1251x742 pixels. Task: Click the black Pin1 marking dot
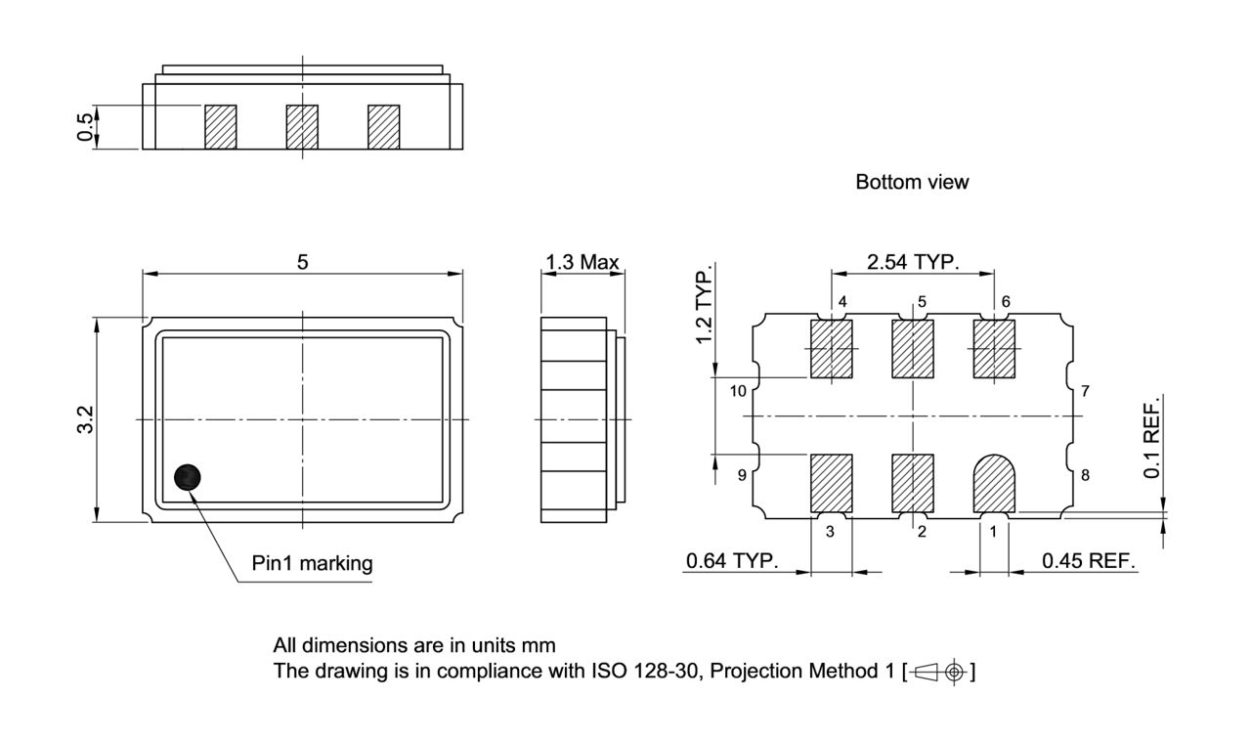(188, 477)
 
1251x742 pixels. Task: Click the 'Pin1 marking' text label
(312, 563)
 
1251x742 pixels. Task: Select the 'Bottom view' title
(912, 182)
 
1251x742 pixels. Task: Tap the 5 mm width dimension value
(303, 261)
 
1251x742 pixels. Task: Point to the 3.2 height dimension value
(85, 420)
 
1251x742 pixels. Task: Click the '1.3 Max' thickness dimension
(582, 261)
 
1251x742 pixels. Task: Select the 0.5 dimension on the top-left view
(86, 127)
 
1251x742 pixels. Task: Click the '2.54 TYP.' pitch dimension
(913, 261)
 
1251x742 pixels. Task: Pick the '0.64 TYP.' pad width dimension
(731, 561)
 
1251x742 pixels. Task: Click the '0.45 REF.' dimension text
(1088, 561)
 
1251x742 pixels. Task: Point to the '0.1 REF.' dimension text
(1152, 439)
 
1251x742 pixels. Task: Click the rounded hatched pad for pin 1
(996, 482)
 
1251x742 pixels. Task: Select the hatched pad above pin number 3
(833, 483)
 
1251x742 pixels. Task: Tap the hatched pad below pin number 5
(913, 349)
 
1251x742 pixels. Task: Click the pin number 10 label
(738, 392)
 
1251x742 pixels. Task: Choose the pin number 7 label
(1085, 392)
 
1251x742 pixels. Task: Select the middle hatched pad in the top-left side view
(302, 127)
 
